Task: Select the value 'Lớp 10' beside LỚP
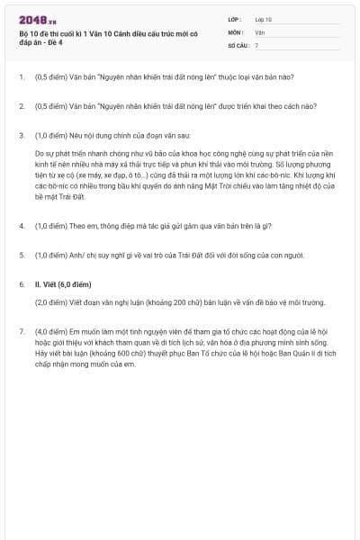[263, 19]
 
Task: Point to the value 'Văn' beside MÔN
[259, 31]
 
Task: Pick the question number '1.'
[22, 77]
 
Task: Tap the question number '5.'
[22, 255]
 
